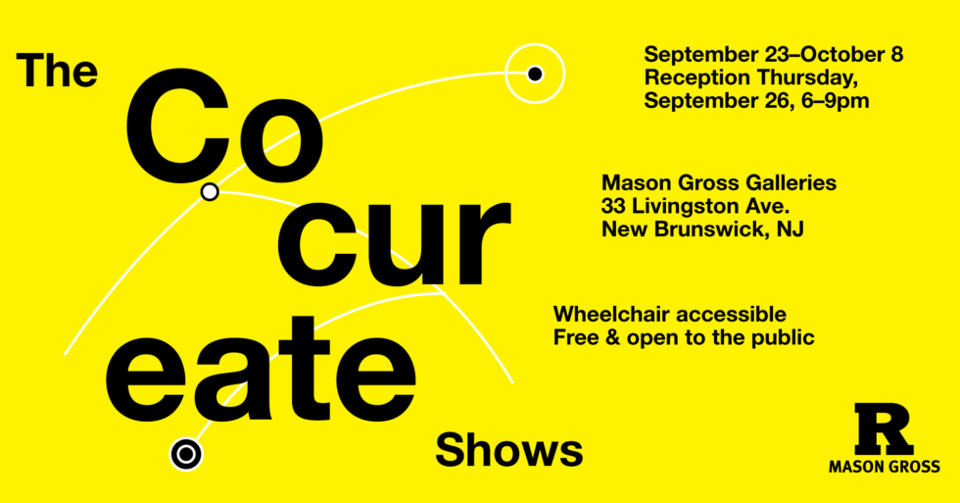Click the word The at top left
[58, 71]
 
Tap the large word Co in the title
[222, 126]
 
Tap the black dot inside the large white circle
[535, 74]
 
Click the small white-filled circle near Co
[210, 192]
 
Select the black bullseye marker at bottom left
[185, 453]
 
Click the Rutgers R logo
[883, 428]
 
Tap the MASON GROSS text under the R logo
[884, 467]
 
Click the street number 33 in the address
[614, 206]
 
